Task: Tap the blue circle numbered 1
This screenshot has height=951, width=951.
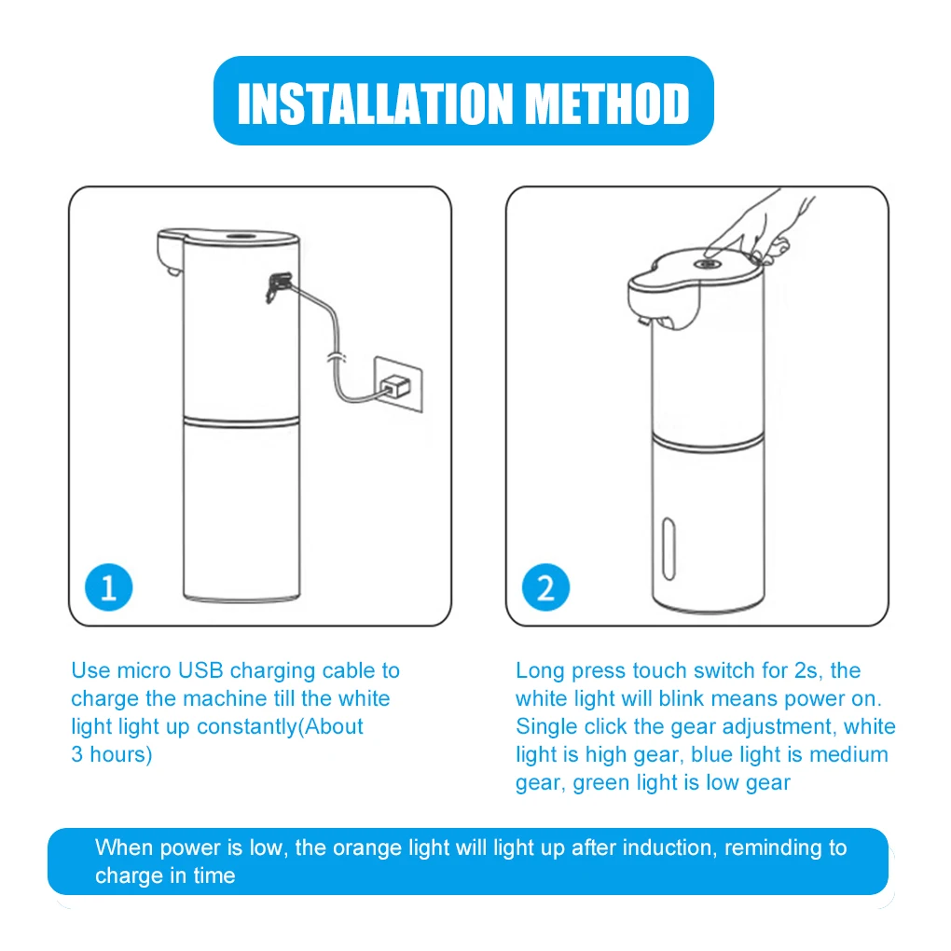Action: coord(108,588)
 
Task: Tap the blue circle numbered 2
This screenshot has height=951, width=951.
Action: coord(545,588)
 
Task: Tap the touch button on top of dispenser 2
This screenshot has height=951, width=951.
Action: coord(708,265)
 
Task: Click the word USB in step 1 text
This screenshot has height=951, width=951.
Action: coord(201,670)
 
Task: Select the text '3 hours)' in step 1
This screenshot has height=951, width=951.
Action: coord(111,754)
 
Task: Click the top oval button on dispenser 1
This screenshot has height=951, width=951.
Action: coord(241,236)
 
